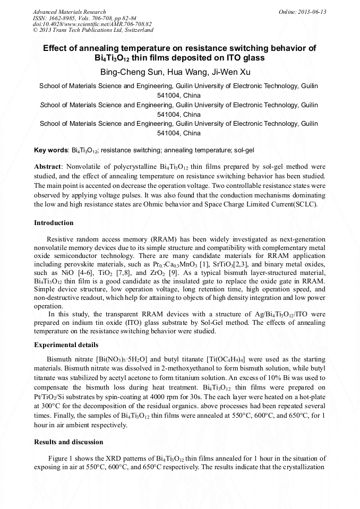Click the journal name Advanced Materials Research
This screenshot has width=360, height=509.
69,12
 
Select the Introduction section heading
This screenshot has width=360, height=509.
54,223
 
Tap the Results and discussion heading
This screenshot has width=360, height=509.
68,442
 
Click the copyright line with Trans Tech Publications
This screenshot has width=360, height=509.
93,30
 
